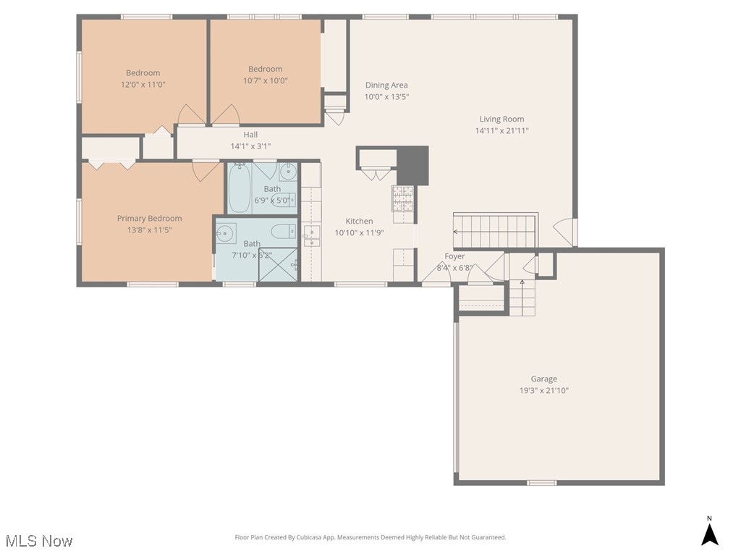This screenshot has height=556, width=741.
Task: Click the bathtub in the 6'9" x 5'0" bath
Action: point(240,189)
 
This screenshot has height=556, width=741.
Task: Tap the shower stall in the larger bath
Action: point(278,264)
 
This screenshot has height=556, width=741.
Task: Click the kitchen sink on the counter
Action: point(311,232)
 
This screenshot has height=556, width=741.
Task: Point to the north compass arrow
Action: point(710,534)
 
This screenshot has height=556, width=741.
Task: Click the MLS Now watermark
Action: point(39,541)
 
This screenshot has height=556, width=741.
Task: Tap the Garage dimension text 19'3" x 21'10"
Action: point(544,390)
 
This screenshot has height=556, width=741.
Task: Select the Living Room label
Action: point(501,119)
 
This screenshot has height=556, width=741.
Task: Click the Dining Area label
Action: point(386,85)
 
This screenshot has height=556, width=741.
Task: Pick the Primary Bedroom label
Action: point(150,219)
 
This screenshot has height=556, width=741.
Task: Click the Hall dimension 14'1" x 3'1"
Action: point(250,146)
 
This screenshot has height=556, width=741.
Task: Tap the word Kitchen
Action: point(359,222)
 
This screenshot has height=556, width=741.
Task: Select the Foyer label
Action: point(454,256)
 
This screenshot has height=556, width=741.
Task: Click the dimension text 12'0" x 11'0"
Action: point(143,85)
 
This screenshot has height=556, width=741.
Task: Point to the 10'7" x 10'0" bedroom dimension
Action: point(266,81)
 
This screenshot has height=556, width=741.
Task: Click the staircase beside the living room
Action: point(496,232)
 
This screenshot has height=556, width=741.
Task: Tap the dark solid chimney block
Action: point(413,164)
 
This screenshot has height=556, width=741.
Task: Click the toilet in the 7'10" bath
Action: point(282,232)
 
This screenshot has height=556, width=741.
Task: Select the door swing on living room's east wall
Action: point(564,232)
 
